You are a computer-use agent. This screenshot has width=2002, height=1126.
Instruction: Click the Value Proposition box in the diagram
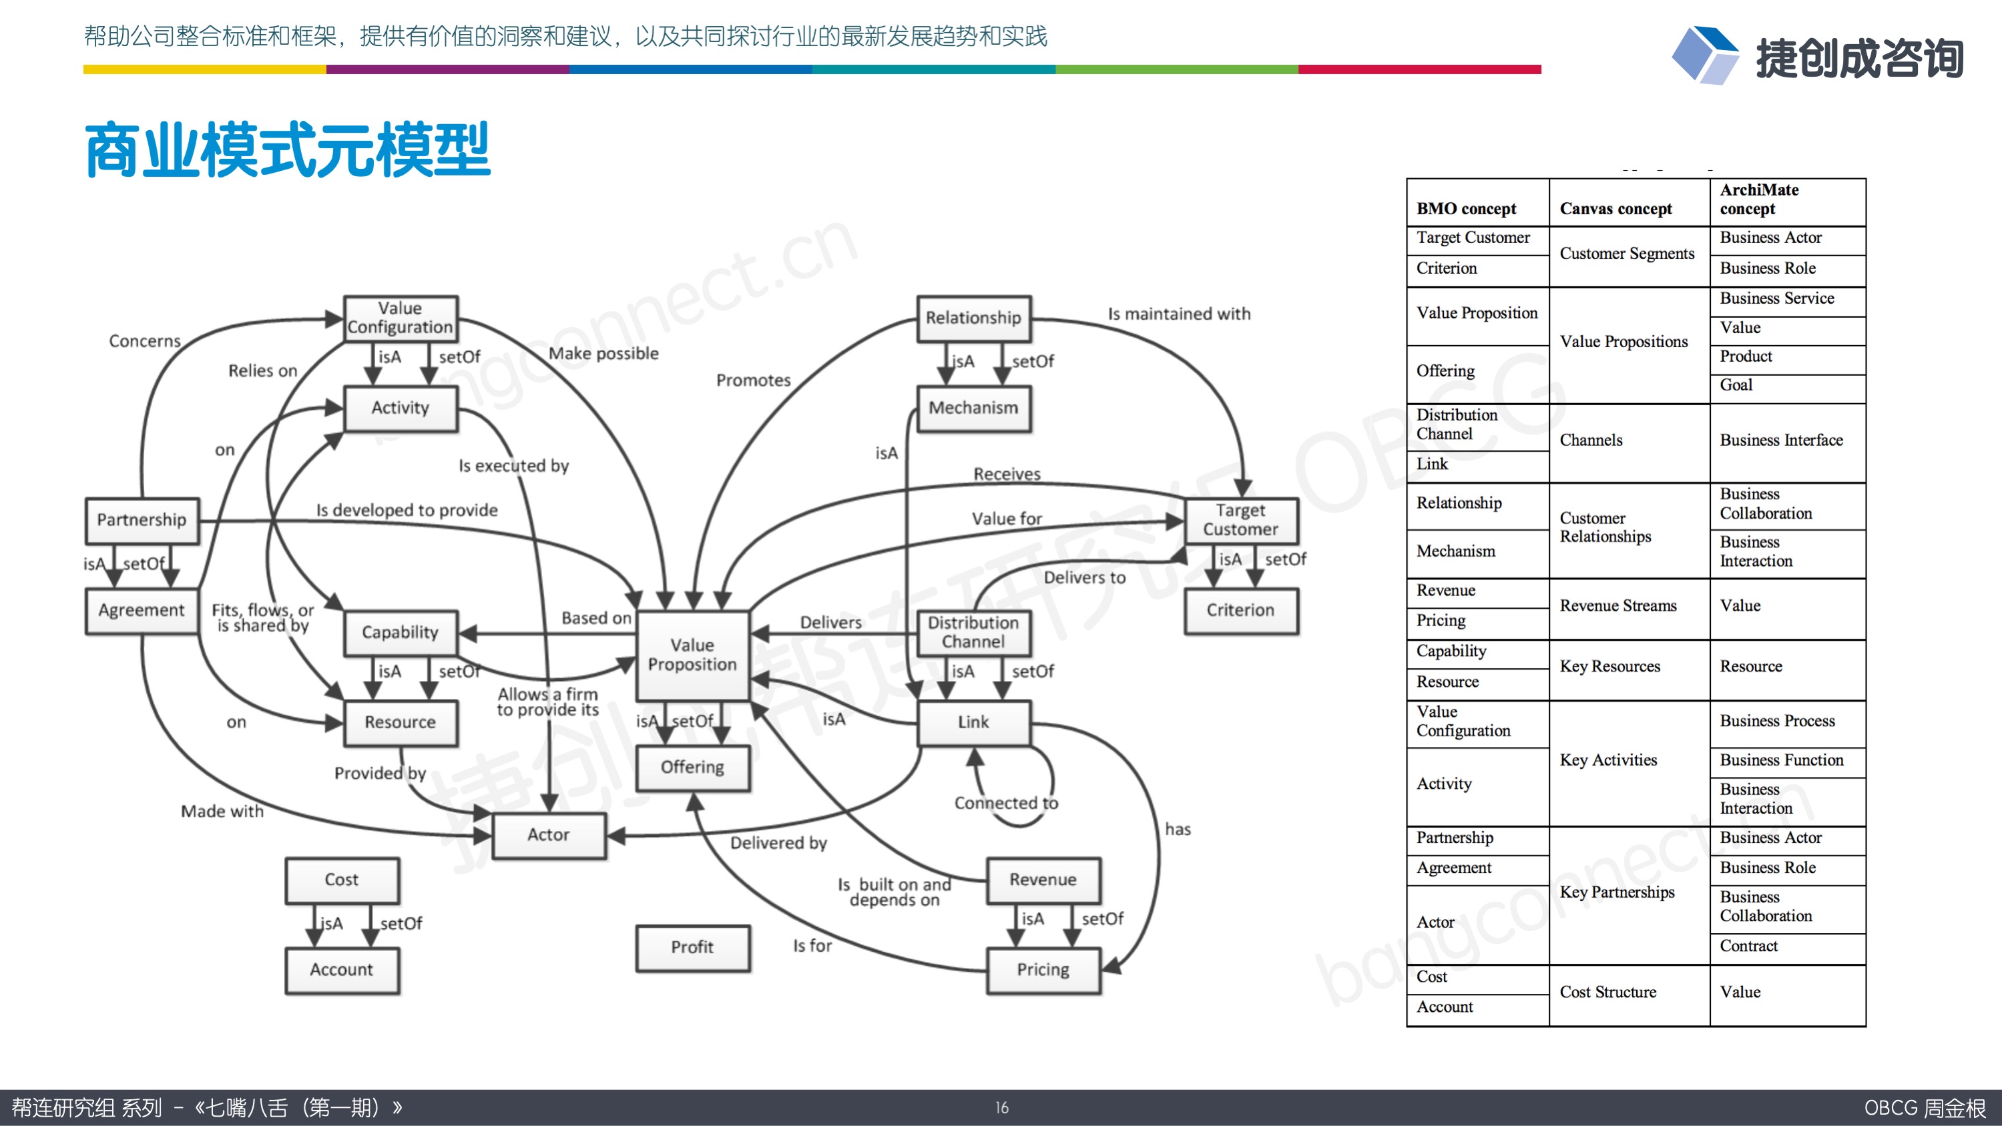[692, 654]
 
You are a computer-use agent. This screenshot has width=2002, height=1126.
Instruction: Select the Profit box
[692, 947]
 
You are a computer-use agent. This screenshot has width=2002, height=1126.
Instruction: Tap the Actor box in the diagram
[549, 834]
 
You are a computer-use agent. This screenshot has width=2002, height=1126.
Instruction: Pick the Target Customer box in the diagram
[1240, 520]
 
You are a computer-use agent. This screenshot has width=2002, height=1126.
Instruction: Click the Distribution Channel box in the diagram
[973, 632]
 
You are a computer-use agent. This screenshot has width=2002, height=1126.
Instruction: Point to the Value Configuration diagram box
[401, 318]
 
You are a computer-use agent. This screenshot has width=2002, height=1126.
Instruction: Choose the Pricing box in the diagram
[1043, 970]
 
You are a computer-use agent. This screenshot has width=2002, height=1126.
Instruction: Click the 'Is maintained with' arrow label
[1179, 314]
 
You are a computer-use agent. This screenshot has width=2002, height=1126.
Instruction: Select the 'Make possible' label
[603, 354]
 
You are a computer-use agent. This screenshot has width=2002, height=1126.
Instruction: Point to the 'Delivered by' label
[778, 843]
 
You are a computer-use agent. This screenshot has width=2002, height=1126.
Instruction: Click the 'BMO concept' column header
[1466, 208]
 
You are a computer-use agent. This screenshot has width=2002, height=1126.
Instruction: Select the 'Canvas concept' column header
[1615, 208]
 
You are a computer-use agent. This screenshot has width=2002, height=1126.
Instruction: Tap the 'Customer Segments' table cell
[1627, 254]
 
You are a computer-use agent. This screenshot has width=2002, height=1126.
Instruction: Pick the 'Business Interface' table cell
[1781, 440]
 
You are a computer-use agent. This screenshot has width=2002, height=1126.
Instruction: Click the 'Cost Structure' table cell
[1607, 992]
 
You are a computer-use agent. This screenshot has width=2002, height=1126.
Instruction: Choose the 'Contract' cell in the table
[1748, 946]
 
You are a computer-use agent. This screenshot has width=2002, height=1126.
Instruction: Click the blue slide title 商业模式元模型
[288, 150]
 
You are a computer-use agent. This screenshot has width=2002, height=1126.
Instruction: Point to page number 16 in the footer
[1002, 1107]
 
